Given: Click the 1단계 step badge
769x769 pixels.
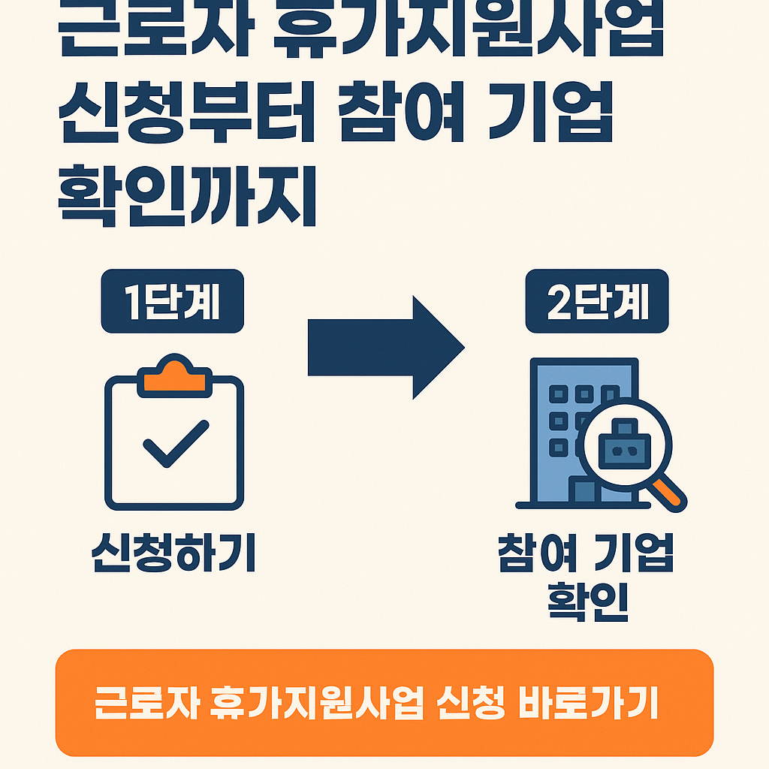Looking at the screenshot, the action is (173, 301).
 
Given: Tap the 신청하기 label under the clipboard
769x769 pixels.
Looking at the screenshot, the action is (173, 553).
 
